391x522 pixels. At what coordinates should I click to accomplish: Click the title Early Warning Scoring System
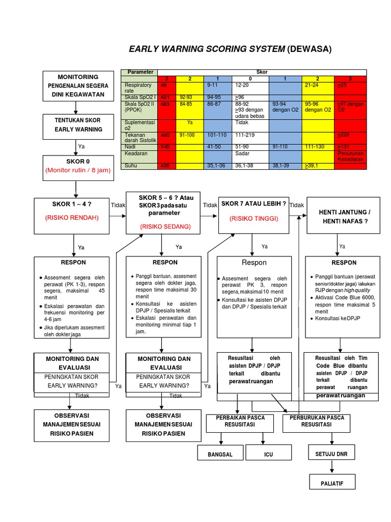coord(230,49)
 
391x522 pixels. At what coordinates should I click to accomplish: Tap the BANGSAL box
coord(220,453)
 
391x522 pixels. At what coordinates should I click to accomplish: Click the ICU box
coord(268,453)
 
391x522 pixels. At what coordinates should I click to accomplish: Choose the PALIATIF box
coord(332,481)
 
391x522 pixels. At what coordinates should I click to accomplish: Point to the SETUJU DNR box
coord(332,453)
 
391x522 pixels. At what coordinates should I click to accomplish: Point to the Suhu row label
coord(131,166)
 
